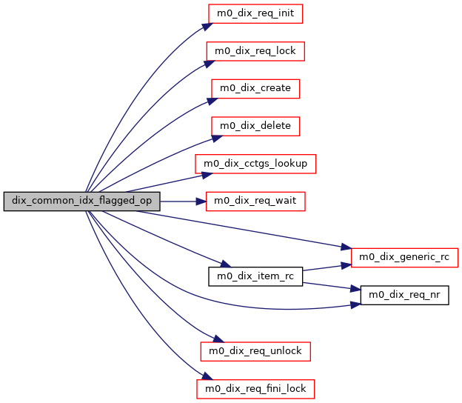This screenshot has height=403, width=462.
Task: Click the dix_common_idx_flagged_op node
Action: coord(82,201)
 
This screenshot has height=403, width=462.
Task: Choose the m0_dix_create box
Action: coord(255,88)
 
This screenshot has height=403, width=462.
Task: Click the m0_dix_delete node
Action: coord(255,126)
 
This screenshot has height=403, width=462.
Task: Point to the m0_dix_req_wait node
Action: coord(255,201)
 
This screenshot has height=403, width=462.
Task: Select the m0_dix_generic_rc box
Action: coord(404,258)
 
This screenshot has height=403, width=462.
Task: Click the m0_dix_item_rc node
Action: coord(255,277)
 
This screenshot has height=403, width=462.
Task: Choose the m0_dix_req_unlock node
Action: coord(255,350)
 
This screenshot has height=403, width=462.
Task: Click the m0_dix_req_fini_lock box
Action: coord(255,387)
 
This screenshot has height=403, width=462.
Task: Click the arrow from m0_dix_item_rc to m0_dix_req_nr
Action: coord(329,286)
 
